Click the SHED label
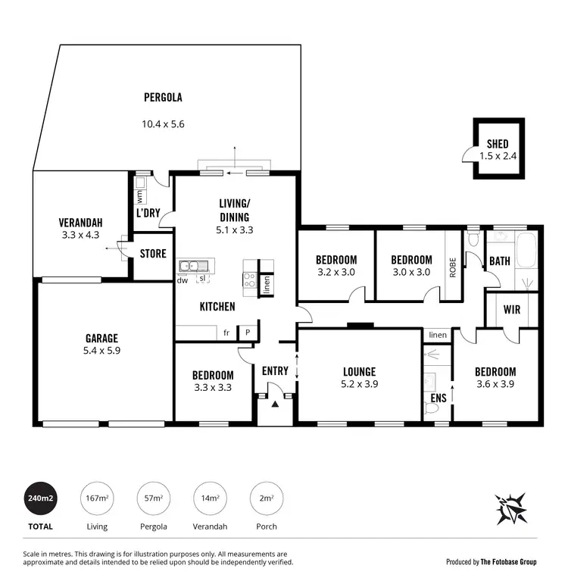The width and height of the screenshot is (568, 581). click(x=498, y=144)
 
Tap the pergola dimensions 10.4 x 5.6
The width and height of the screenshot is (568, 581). click(x=163, y=124)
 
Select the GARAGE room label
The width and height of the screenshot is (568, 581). click(x=101, y=338)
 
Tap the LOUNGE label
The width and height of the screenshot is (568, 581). click(x=360, y=371)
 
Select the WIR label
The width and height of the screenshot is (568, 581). click(x=511, y=309)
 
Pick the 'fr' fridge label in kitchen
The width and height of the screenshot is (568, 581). click(x=226, y=332)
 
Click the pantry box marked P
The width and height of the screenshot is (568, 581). click(x=247, y=332)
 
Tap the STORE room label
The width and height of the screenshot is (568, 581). click(x=152, y=254)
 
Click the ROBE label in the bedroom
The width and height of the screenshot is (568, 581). click(x=452, y=267)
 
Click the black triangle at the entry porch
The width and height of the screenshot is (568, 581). click(x=275, y=405)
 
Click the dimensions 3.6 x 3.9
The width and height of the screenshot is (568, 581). click(x=495, y=384)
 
